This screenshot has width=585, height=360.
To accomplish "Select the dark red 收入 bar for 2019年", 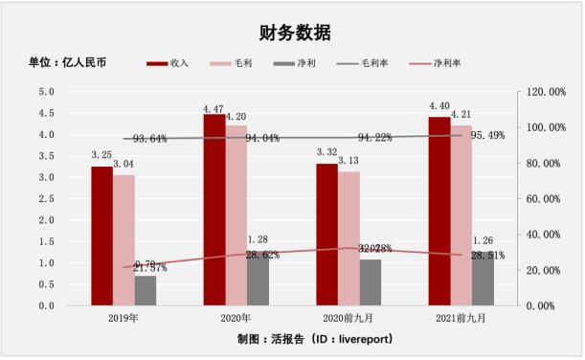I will pyautogui.click(x=101, y=236).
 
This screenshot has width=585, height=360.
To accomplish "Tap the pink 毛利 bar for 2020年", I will pyautogui.click(x=236, y=215).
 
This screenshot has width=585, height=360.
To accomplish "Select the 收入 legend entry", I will pyautogui.click(x=169, y=64).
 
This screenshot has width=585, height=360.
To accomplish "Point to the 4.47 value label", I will pyautogui.click(x=213, y=107).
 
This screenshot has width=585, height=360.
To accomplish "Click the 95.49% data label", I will pyautogui.click(x=484, y=135).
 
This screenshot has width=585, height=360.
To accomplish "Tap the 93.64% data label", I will pyautogui.click(x=150, y=139).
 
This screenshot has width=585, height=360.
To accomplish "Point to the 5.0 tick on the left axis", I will pyautogui.click(x=46, y=92).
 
